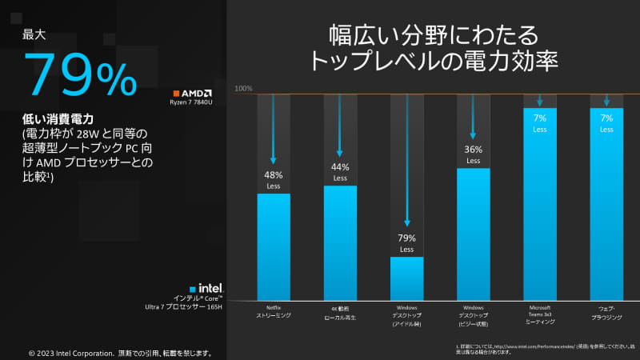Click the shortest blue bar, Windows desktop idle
coord(406,278)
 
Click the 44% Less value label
coord(340,172)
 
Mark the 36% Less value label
coord(473,154)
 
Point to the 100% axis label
coord(243,88)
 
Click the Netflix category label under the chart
coord(273,311)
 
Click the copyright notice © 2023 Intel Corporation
coord(120,352)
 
